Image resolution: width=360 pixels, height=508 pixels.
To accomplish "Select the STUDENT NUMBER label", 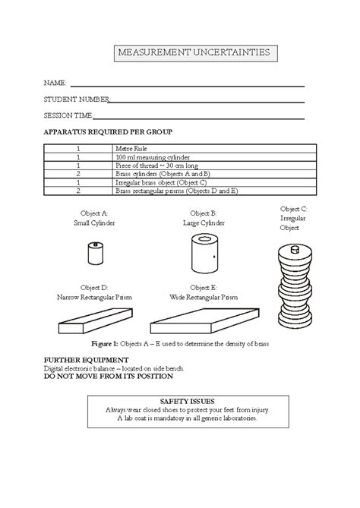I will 77,100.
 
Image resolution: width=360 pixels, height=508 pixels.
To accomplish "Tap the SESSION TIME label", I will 68,116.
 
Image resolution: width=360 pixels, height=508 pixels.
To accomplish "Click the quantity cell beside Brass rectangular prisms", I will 78,191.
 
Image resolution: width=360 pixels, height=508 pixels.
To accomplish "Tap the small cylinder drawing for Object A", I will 96,253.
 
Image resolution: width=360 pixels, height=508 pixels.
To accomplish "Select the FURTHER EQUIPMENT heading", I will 86,358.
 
